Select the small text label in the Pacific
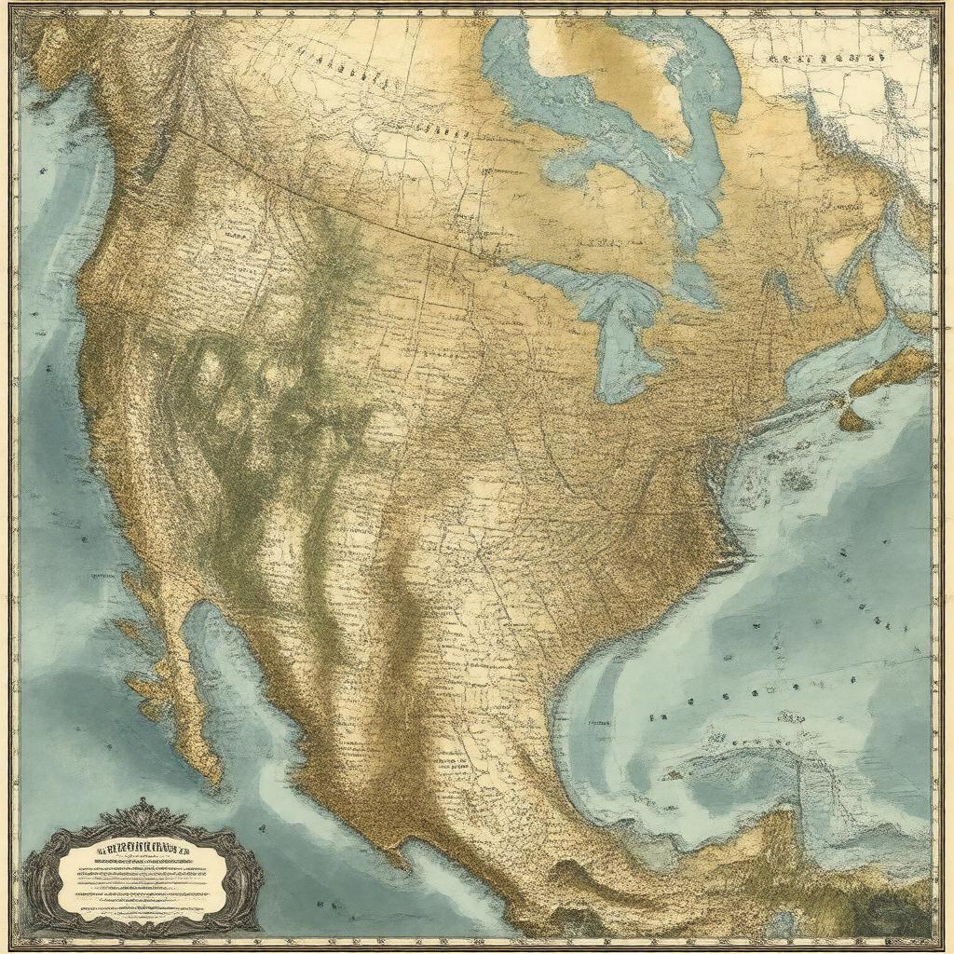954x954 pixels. pyautogui.click(x=109, y=577)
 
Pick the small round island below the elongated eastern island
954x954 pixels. pyautogui.click(x=853, y=420)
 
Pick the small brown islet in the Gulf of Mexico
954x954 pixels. pyautogui.click(x=673, y=775)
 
